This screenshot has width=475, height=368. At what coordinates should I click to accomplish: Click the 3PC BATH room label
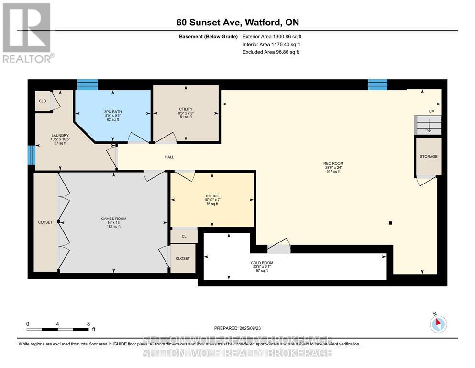pos(113,112)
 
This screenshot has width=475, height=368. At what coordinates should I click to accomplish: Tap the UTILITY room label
pos(186,109)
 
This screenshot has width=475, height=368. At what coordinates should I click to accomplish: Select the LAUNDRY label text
pos(60,136)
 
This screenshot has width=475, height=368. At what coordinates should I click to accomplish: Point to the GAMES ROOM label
pos(113,218)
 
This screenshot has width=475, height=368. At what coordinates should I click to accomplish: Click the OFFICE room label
pos(212,196)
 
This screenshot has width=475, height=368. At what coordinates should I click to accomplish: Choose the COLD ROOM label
pos(262,263)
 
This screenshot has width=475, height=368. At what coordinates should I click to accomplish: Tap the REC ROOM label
pos(333,163)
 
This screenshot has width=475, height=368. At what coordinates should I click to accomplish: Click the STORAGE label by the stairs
pos(429,157)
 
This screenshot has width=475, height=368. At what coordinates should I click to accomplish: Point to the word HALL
pos(169,157)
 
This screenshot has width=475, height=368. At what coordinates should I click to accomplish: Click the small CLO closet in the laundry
pos(43,101)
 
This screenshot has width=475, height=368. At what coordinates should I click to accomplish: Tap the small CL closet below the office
pos(183,236)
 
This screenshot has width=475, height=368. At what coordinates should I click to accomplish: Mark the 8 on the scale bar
pos(88,324)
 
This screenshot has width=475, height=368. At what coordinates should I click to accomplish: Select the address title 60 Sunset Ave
pos(236,23)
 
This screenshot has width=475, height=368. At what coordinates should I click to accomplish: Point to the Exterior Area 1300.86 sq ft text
pos(272,36)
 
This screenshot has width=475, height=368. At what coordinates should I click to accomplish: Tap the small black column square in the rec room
pos(391,223)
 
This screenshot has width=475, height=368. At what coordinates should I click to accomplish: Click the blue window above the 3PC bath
pos(87,84)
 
